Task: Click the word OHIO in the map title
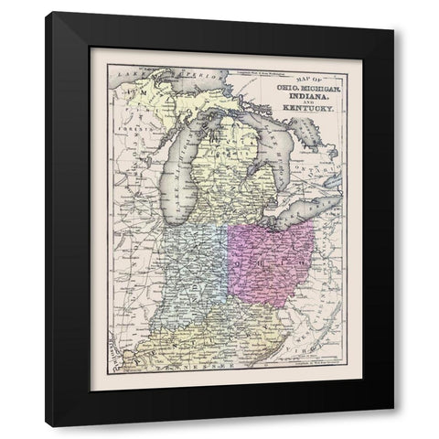coord(276,85)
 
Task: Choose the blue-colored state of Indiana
coord(196,274)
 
